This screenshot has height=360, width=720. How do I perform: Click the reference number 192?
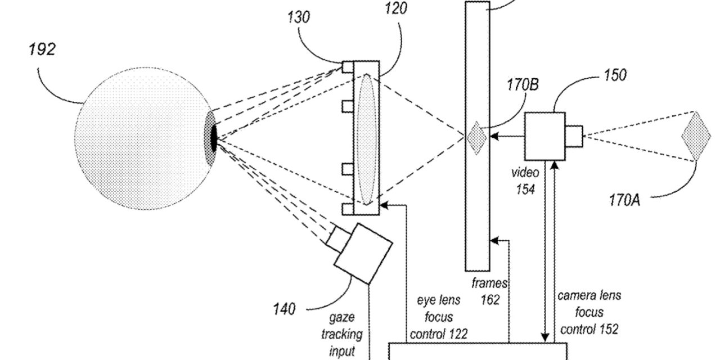(x=42, y=49)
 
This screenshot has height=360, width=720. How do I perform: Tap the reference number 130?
(x=299, y=17)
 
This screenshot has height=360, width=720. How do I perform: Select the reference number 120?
(x=396, y=8)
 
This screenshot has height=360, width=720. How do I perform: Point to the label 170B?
(x=523, y=85)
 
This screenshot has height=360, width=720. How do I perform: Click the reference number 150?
(x=615, y=75)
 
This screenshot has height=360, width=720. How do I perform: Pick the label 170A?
(x=624, y=200)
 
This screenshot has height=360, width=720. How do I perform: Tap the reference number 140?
(x=284, y=309)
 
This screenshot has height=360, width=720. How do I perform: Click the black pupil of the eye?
(x=214, y=138)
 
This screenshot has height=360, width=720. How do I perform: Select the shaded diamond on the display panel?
(x=476, y=138)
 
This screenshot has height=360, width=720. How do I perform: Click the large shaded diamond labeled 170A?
(x=696, y=136)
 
